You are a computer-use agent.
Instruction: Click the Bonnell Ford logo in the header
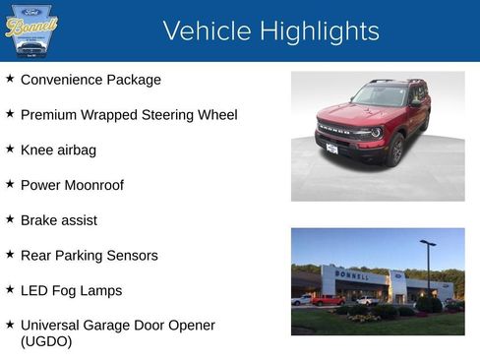point(31,31)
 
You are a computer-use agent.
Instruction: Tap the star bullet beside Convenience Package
point(10,79)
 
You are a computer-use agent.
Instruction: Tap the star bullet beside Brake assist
point(10,219)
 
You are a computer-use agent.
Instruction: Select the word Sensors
point(131,256)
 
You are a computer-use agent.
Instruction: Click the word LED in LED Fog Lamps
point(34,290)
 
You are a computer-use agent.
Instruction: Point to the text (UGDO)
point(46,341)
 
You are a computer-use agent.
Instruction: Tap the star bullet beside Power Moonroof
point(10,184)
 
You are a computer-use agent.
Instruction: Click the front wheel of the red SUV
point(397,150)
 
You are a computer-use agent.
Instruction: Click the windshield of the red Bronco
point(382,96)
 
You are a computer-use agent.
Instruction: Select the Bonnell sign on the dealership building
point(351,275)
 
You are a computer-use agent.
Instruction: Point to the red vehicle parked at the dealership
point(328,300)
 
